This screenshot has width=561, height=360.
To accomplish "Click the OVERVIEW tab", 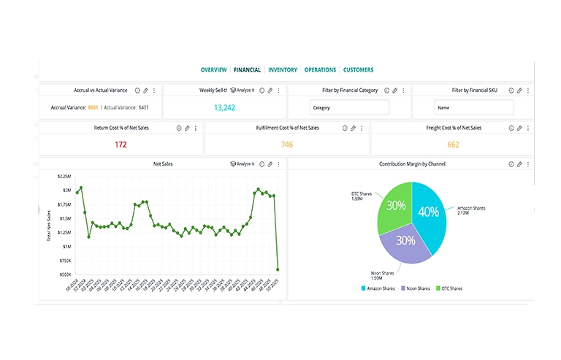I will point(213,70).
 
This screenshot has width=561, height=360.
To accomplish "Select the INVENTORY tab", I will point(283,70).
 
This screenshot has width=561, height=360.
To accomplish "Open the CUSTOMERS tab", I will point(358,70).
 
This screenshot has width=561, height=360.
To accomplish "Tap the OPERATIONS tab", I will point(320,70).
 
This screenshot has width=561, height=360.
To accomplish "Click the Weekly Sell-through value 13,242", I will point(224,107).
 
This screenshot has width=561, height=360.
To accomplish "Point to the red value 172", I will point(121,144).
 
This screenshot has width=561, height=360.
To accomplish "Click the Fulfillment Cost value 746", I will point(286,144).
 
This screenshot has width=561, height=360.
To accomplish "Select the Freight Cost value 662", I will point(453,144).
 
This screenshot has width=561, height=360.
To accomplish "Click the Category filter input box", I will point(349,107).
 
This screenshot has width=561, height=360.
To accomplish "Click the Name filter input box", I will point(473,107).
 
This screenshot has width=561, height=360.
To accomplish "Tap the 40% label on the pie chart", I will point(429,212).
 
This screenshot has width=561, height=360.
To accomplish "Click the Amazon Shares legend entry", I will point(380,288).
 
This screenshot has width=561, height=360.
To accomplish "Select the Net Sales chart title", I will point(163,164).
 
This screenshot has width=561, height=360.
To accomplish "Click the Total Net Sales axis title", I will point(48,225).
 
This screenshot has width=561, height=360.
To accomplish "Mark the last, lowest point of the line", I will point(278,269).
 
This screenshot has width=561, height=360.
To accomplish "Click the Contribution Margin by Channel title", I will point(412,164).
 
